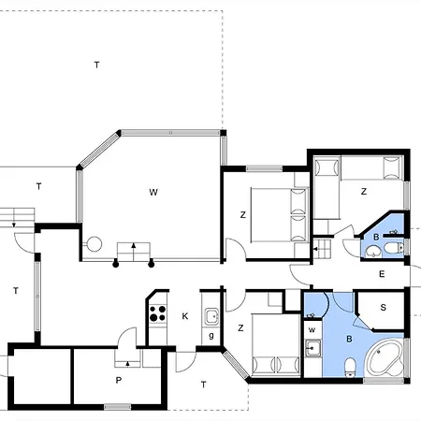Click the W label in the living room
pyautogui.click(x=152, y=192)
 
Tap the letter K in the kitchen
pyautogui.click(x=185, y=316)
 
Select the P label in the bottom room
pyautogui.click(x=119, y=381)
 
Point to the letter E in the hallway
pyautogui.click(x=382, y=274)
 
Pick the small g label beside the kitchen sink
pyautogui.click(x=211, y=336)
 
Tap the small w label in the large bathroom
pyautogui.click(x=312, y=329)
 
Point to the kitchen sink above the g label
pyautogui.click(x=211, y=316)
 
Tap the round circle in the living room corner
pyautogui.click(x=94, y=246)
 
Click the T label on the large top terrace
pyautogui.click(x=96, y=65)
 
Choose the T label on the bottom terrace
pyautogui.click(x=203, y=384)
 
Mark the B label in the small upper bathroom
pyautogui.click(x=376, y=239)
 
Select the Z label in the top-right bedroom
pyautogui.click(x=363, y=191)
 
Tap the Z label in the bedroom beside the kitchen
pyautogui.click(x=240, y=327)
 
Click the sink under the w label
pyautogui.click(x=313, y=351)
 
